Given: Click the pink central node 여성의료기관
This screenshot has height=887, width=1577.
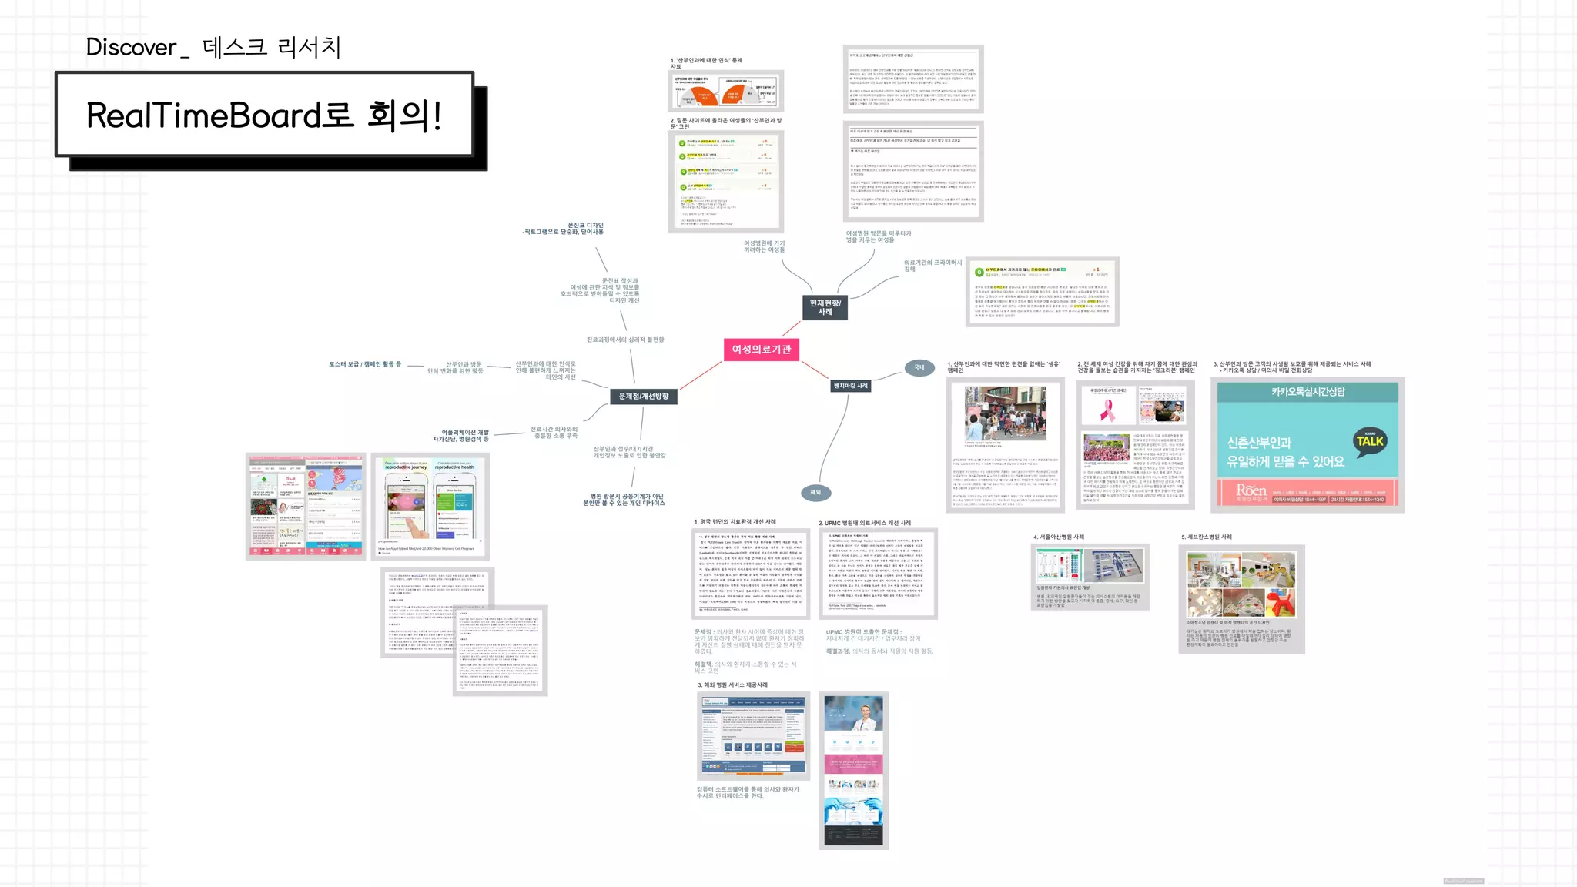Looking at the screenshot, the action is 761,350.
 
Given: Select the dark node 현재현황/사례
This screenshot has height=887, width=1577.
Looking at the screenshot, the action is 825,307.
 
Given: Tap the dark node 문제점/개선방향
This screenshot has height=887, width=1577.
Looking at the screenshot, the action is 644,397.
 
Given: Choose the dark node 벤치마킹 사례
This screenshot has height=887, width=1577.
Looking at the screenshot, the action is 851,386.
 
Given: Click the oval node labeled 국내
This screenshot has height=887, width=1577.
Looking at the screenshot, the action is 919,367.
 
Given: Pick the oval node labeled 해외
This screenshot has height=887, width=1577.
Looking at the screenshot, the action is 815,492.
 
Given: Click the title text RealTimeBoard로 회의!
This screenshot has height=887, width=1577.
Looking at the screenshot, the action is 263,115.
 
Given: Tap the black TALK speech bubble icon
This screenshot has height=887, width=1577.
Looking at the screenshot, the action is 1369,441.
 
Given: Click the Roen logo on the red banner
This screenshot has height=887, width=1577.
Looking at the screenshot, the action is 1251,491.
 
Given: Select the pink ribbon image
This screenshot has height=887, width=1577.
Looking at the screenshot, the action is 1107,409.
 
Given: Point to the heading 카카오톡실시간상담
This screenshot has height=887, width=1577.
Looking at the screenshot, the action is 1307,392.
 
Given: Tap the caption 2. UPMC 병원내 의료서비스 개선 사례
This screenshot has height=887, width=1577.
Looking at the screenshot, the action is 865,523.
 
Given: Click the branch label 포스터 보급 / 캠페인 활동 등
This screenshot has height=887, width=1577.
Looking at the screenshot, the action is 365,364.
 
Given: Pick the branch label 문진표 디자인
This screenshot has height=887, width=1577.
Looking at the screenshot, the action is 585,225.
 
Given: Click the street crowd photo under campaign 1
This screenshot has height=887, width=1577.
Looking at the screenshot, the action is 1005,413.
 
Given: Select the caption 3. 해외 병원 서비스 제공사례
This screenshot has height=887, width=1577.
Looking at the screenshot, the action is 732,684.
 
